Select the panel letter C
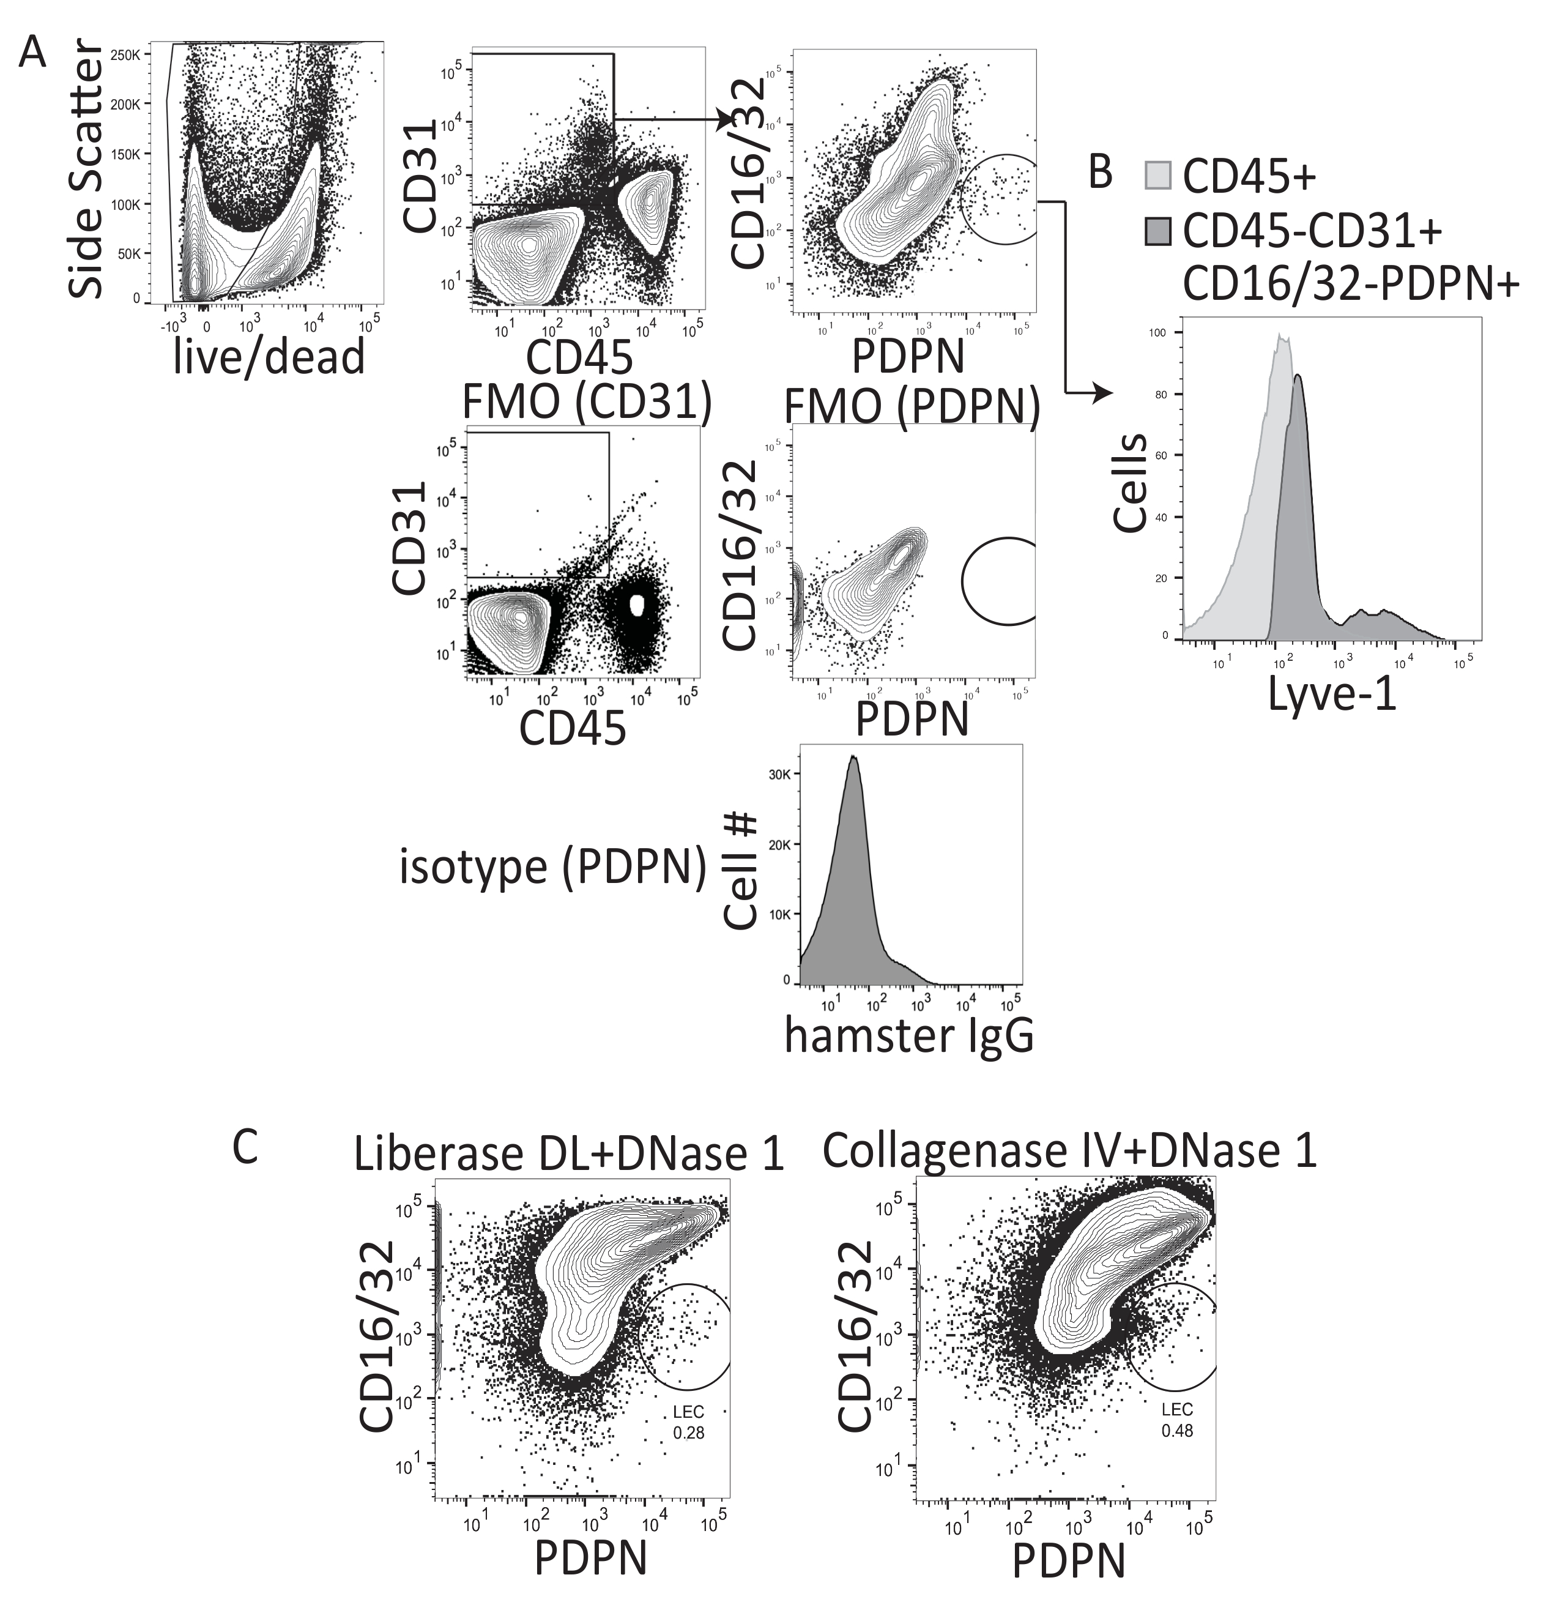(245, 1145)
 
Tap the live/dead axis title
(269, 358)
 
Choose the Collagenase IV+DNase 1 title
(1069, 1150)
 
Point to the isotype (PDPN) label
(553, 868)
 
